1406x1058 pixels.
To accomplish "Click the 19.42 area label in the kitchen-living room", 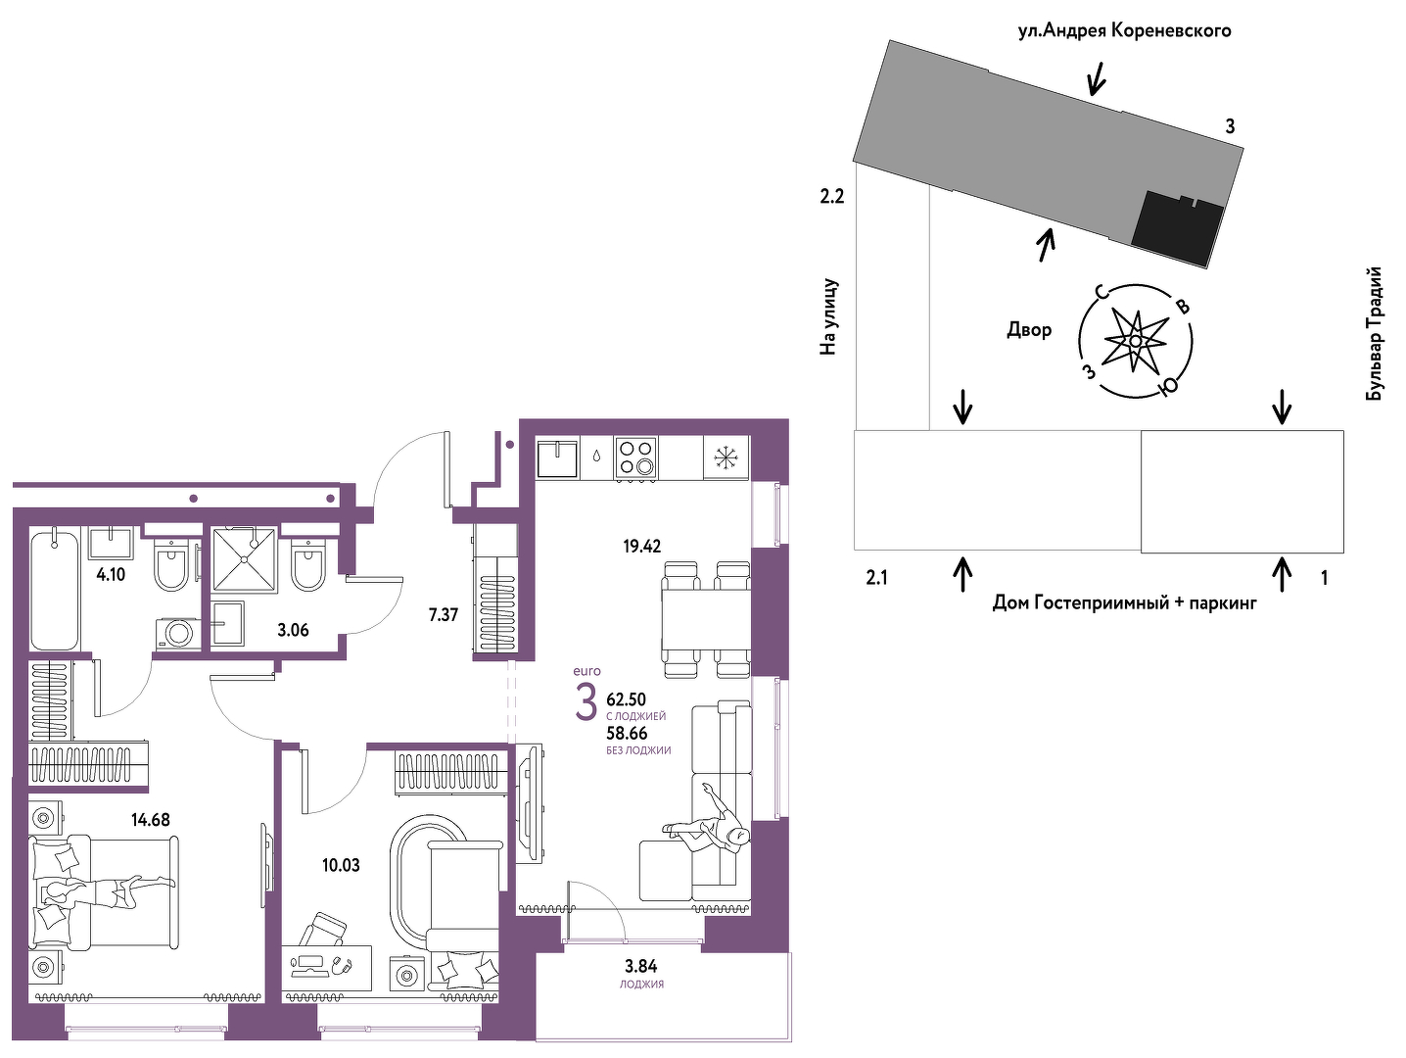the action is tap(642, 546).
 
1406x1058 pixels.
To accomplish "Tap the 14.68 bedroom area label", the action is tap(151, 819).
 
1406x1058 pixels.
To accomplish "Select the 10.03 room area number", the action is tap(341, 865).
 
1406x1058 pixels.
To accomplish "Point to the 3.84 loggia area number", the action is tap(641, 966).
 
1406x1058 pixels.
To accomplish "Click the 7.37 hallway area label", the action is tap(444, 615).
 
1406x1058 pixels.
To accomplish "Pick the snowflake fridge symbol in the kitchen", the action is tap(726, 457).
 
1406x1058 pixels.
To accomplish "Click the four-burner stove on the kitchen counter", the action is tap(635, 457).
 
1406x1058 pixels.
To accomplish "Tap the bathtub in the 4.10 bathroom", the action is tap(55, 589).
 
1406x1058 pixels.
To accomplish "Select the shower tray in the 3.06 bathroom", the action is tap(245, 558).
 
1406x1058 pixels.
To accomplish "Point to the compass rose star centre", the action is tap(1135, 341).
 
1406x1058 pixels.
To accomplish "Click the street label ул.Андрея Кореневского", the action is tap(1125, 30).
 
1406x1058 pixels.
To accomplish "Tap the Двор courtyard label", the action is tap(1029, 330).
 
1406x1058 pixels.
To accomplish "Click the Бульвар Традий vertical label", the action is tap(1375, 334).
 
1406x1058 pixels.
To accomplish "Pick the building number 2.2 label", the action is tap(832, 196).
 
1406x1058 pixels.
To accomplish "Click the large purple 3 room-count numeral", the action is tap(586, 702).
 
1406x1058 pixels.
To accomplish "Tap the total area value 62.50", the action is tap(627, 699).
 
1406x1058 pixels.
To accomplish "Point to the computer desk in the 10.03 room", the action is tap(326, 968).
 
